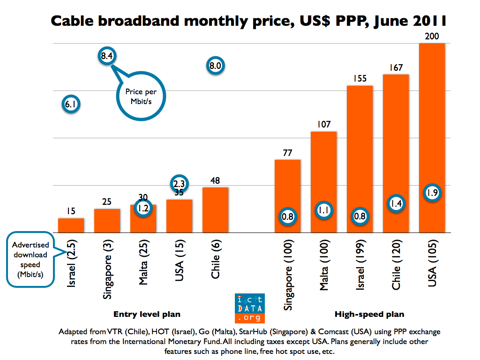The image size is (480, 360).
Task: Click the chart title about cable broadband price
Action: (248, 21)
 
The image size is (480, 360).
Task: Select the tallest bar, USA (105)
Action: (431, 141)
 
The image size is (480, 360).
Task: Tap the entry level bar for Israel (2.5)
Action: (71, 225)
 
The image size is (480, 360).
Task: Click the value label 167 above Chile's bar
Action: (396, 68)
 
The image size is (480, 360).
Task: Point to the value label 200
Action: (431, 37)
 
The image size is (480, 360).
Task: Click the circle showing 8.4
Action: (106, 56)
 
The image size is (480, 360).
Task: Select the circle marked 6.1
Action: (71, 105)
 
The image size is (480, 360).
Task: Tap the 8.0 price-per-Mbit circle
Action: (215, 66)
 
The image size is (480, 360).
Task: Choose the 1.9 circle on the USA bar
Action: (432, 192)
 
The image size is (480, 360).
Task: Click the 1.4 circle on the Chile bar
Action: (396, 203)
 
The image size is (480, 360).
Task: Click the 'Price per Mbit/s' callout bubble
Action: (141, 97)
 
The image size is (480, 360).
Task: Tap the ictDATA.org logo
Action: (250, 308)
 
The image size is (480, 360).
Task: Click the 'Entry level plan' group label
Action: (147, 314)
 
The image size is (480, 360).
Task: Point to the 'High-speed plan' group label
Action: (369, 314)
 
